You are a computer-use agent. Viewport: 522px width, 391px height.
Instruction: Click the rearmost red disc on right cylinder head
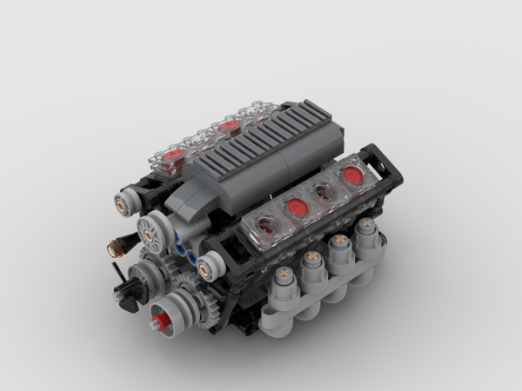click(353, 176)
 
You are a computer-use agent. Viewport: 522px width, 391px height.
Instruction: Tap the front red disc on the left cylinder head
click(174, 156)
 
